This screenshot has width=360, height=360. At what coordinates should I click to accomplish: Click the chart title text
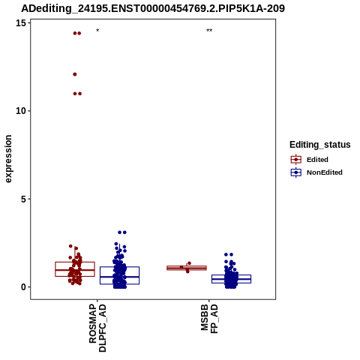153,8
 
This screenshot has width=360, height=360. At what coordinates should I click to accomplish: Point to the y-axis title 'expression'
8,159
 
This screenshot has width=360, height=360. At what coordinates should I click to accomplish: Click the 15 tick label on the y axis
21,23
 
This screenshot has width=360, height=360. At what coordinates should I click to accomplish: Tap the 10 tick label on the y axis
21,111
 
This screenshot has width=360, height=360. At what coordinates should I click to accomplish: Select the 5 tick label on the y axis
23,199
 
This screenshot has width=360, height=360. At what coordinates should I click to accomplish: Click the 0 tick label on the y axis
23,287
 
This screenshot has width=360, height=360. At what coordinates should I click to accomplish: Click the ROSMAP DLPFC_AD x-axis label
97,328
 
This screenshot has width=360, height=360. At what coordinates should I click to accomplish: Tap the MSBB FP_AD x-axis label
209,319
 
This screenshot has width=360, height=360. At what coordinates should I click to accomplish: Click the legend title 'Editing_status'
320,145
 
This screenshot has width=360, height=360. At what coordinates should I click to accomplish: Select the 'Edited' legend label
317,160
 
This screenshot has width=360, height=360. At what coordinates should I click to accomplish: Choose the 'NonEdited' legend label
325,172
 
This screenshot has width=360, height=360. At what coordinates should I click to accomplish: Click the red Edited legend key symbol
296,160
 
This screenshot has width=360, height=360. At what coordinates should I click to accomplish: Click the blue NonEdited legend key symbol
296,172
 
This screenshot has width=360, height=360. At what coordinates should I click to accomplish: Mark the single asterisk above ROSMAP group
97,31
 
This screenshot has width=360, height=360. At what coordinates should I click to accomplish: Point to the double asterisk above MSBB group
209,31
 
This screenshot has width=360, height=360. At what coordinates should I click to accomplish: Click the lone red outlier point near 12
75,74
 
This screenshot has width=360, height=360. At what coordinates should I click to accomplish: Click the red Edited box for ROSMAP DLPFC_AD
75,269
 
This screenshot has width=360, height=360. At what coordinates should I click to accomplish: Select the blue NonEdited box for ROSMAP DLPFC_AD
119,275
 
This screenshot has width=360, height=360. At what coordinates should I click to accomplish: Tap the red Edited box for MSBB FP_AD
187,268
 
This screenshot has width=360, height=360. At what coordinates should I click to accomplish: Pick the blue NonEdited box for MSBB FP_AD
231,279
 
